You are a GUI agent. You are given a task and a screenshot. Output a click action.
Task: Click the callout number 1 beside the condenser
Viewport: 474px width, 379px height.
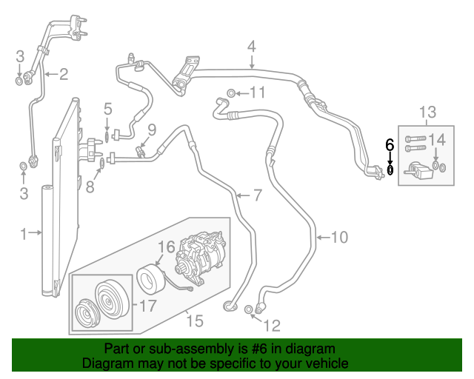tap(23, 234)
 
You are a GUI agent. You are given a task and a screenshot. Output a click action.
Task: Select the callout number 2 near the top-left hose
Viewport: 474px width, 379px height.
tap(63, 73)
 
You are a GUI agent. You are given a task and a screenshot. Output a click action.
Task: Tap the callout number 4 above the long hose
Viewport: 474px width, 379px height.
tap(252, 46)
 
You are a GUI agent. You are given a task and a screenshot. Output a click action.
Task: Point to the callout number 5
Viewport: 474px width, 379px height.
tap(107, 108)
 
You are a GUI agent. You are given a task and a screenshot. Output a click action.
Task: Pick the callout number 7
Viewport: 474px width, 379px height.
tap(257, 195)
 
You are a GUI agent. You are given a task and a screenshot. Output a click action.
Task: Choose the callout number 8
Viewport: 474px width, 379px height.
tap(90, 187)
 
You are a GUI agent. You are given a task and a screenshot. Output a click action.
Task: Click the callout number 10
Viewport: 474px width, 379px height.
tap(338, 237)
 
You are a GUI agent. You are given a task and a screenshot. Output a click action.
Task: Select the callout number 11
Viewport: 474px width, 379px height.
tap(256, 93)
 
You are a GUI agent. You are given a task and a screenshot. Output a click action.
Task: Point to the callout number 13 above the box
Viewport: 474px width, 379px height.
tap(428, 113)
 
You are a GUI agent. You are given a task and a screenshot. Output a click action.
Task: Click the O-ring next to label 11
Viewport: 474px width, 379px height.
tap(232, 93)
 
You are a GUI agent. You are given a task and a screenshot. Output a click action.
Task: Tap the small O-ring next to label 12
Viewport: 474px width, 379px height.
tap(249, 317)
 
